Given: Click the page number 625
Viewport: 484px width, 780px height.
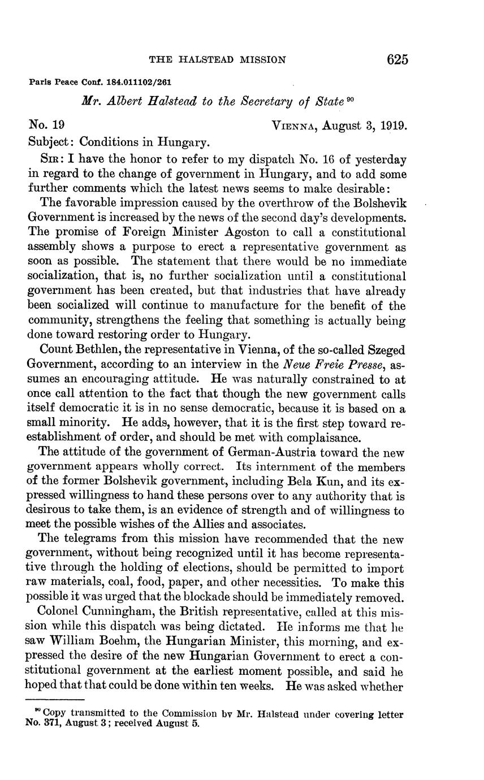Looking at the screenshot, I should [397, 59].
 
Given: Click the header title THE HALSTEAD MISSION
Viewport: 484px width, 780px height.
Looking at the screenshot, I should [217, 59].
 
